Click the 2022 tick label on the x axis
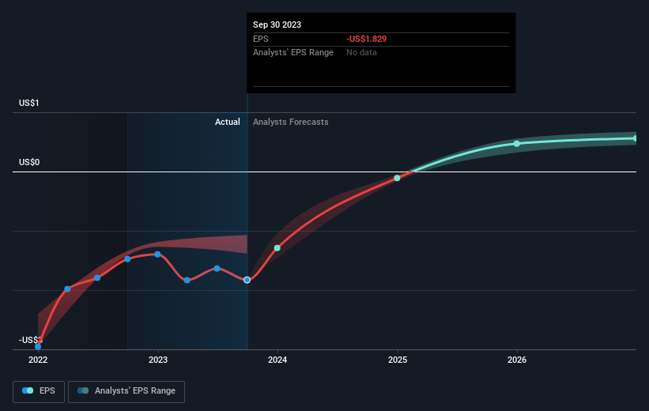click(x=38, y=359)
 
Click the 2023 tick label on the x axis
click(x=158, y=359)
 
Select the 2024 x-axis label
click(x=277, y=359)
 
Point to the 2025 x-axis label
click(x=398, y=359)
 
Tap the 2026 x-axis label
click(x=517, y=359)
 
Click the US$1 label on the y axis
click(x=31, y=103)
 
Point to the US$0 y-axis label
click(x=31, y=162)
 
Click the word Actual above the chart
click(x=227, y=122)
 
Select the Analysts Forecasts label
click(x=291, y=122)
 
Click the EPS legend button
click(x=39, y=390)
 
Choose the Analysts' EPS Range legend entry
click(x=126, y=390)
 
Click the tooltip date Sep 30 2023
click(x=277, y=25)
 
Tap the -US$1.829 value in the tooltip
click(x=366, y=39)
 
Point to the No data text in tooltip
click(x=361, y=52)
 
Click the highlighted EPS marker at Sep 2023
click(x=247, y=280)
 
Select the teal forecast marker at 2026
click(x=517, y=143)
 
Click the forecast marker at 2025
click(x=398, y=178)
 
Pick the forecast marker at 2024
click(x=277, y=248)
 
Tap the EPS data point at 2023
click(x=158, y=254)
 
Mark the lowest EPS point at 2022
click(x=38, y=346)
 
